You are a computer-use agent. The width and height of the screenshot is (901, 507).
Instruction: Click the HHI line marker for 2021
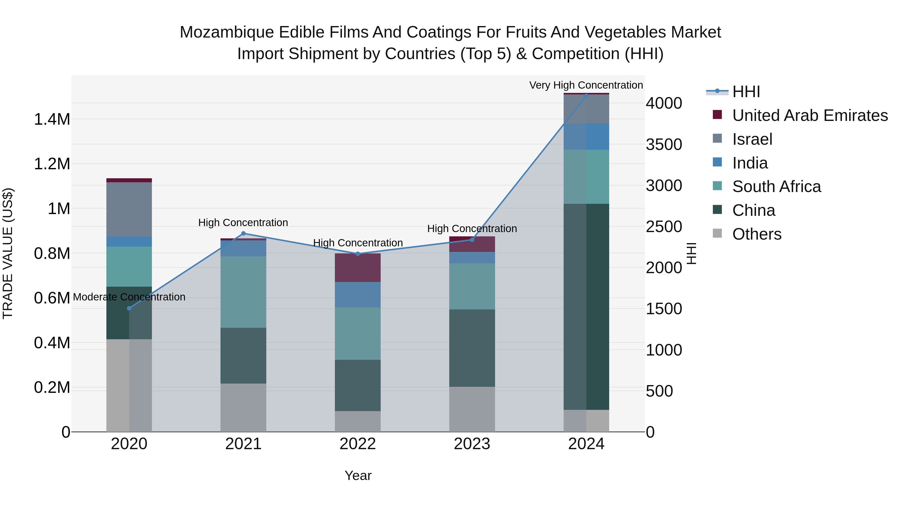[x=244, y=233]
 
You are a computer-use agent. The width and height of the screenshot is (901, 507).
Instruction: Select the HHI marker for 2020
[x=129, y=308]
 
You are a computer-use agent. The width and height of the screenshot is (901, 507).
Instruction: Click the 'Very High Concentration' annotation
[x=586, y=85]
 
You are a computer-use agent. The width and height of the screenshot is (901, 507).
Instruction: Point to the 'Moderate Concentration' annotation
[x=129, y=297]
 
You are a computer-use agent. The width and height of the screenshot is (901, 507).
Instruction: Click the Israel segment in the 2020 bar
[x=129, y=209]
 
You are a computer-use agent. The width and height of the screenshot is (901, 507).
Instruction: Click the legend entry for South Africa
[x=776, y=187]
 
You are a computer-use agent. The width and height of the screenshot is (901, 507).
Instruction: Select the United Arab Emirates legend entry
[x=810, y=115]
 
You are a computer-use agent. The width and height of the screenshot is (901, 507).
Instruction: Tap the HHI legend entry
[x=746, y=92]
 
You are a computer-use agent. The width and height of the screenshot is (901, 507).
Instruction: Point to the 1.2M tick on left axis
[x=52, y=164]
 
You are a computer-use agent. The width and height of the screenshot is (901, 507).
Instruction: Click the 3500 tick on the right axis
[x=663, y=144]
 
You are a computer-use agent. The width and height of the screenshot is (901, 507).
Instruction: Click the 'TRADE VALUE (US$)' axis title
[x=8, y=253]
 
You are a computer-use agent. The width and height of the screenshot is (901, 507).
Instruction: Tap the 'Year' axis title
[x=358, y=475]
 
